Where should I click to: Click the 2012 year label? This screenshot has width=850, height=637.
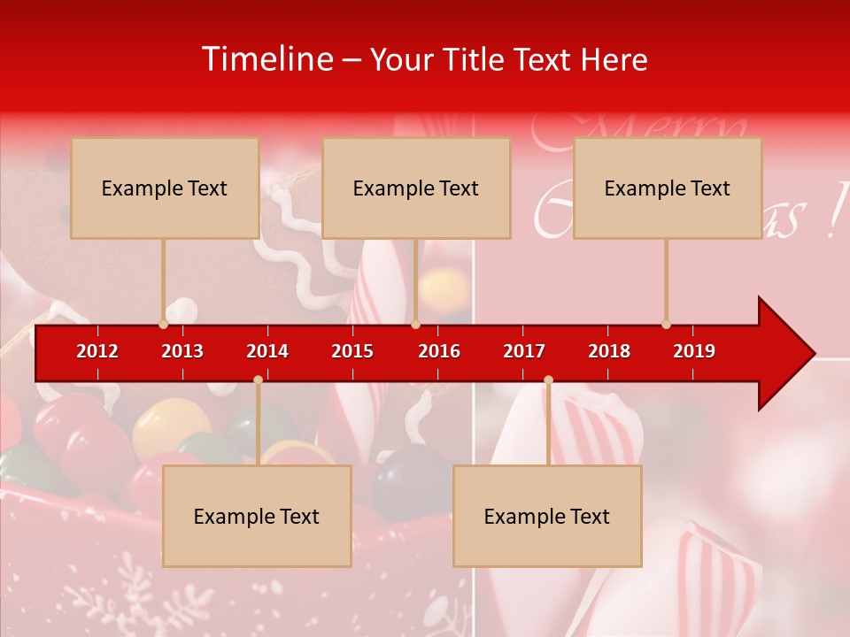[97, 351]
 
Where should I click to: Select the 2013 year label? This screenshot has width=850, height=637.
[182, 351]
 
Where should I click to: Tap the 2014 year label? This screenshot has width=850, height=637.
[267, 351]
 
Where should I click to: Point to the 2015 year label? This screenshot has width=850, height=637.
[352, 351]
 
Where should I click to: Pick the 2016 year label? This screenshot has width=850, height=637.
[439, 351]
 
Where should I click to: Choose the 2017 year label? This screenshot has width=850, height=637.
[524, 351]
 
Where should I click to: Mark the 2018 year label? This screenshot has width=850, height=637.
[609, 351]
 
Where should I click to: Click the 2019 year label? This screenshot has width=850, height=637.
[694, 351]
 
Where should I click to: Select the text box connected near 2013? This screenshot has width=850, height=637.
[165, 188]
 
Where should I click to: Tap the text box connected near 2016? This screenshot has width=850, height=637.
[416, 188]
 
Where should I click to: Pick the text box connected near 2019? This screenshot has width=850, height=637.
[668, 188]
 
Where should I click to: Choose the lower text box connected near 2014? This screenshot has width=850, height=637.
[257, 516]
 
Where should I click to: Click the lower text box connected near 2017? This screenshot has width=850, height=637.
[547, 516]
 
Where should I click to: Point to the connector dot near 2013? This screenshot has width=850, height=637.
[164, 324]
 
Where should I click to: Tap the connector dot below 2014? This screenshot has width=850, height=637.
[258, 380]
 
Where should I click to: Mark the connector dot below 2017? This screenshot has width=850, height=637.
[548, 380]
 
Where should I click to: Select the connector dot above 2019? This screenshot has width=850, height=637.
[666, 324]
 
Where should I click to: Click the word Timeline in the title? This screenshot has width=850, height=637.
[267, 59]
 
